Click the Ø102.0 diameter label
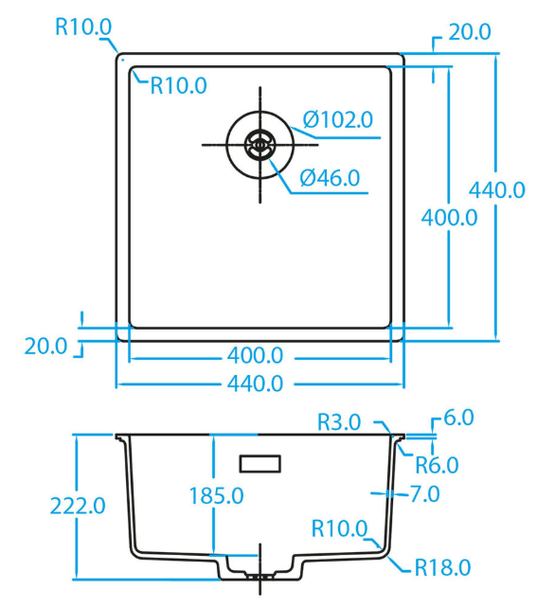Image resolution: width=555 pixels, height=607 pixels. (338, 119)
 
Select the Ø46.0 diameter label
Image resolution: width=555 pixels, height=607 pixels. (330, 178)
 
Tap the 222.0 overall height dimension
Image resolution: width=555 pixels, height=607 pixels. (78, 506)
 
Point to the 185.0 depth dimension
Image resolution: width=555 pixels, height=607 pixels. (216, 495)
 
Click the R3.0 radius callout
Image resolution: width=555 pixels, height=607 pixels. (339, 422)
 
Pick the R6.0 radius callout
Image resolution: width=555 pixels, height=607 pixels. (437, 465)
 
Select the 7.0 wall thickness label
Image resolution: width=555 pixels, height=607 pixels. (425, 493)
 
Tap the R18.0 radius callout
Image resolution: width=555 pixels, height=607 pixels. (442, 567)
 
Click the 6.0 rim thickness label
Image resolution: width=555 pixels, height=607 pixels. (458, 418)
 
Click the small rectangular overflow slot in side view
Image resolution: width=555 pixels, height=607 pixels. (260, 464)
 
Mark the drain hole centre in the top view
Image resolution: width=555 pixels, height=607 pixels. (260, 145)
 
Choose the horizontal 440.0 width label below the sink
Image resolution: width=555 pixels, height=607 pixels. (255, 384)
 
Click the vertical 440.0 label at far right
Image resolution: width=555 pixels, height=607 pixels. (497, 190)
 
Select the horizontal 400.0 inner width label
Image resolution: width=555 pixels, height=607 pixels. (255, 355)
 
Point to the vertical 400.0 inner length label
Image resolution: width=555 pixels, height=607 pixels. (449, 218)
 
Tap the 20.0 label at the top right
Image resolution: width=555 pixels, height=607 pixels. (470, 32)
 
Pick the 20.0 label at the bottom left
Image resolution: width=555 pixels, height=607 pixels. (45, 346)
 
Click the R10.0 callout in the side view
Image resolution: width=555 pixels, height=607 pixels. (339, 528)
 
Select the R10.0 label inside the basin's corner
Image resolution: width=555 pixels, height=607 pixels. (178, 85)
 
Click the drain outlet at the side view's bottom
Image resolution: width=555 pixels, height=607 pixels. (260, 577)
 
